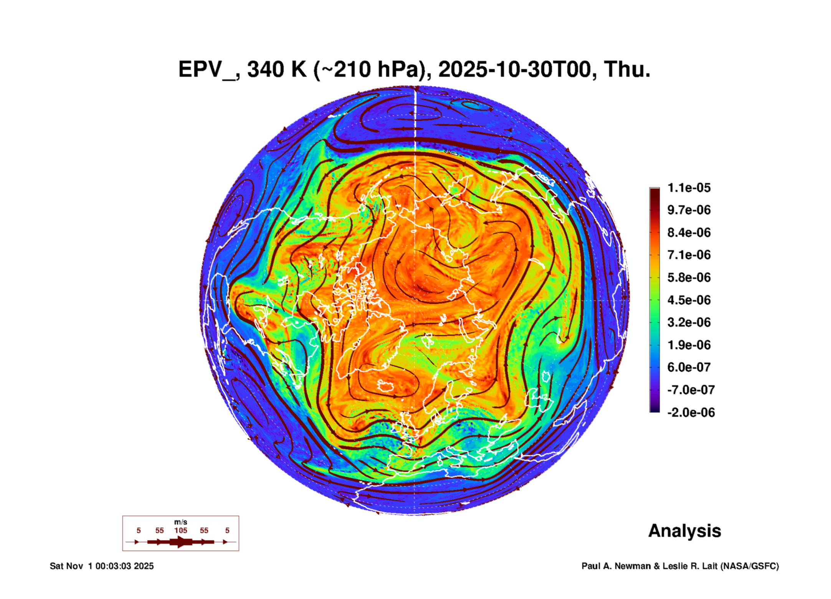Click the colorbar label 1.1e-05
(689, 188)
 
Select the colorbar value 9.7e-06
(689, 210)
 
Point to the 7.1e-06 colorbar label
(689, 255)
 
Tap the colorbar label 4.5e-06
(689, 300)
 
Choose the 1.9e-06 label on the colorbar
(689, 345)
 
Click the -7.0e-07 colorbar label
(691, 390)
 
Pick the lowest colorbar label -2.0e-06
(691, 413)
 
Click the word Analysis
(684, 531)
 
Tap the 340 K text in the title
(277, 69)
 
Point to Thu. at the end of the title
(627, 69)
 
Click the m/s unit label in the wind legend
(180, 522)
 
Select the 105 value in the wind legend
(180, 530)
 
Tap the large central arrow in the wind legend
(180, 542)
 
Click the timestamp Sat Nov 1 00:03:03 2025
(102, 566)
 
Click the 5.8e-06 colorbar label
(689, 277)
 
